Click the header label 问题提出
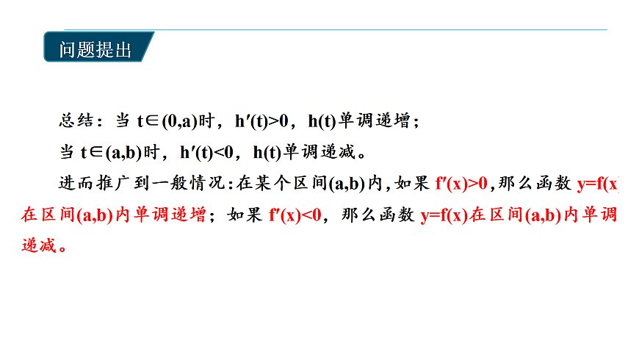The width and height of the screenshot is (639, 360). click(95, 50)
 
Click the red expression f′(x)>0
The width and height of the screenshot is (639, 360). click(461, 184)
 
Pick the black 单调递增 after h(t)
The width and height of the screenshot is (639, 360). click(381, 121)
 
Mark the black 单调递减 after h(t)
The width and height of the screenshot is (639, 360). click(326, 153)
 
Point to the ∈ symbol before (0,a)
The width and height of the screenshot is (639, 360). click(155, 121)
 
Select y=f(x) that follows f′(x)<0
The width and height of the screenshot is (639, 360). click(444, 215)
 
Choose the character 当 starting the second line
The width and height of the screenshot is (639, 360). click(67, 153)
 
